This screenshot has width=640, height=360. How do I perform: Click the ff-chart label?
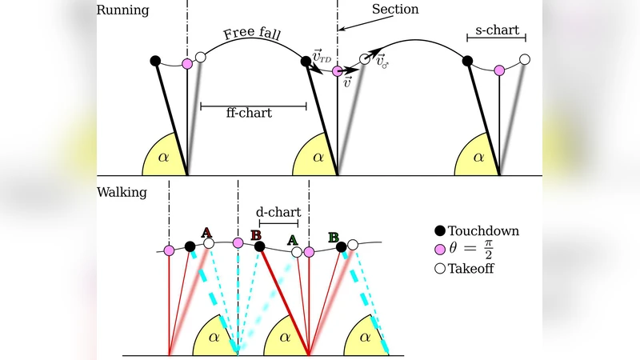click(x=249, y=113)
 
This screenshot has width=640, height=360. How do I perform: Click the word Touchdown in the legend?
click(x=483, y=231)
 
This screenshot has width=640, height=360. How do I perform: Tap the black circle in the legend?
click(x=437, y=231)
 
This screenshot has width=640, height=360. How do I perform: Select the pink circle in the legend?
click(x=437, y=250)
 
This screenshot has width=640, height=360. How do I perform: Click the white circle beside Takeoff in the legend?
click(x=437, y=268)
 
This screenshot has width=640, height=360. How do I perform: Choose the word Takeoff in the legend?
click(x=472, y=268)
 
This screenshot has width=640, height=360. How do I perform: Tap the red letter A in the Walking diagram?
click(x=206, y=232)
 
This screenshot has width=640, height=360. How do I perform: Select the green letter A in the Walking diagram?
click(x=293, y=238)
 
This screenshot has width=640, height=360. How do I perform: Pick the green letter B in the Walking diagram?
click(x=334, y=237)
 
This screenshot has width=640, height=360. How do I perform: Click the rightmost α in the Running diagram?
click(x=478, y=157)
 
